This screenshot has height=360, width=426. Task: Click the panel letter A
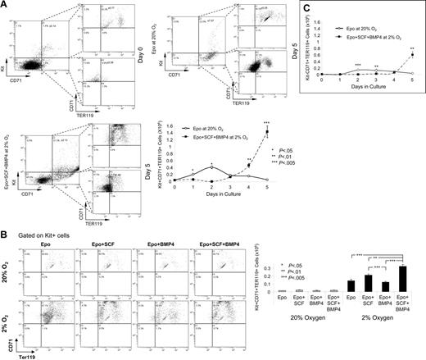click(x=5, y=5)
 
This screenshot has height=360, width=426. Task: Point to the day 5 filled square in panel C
click(x=411, y=56)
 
